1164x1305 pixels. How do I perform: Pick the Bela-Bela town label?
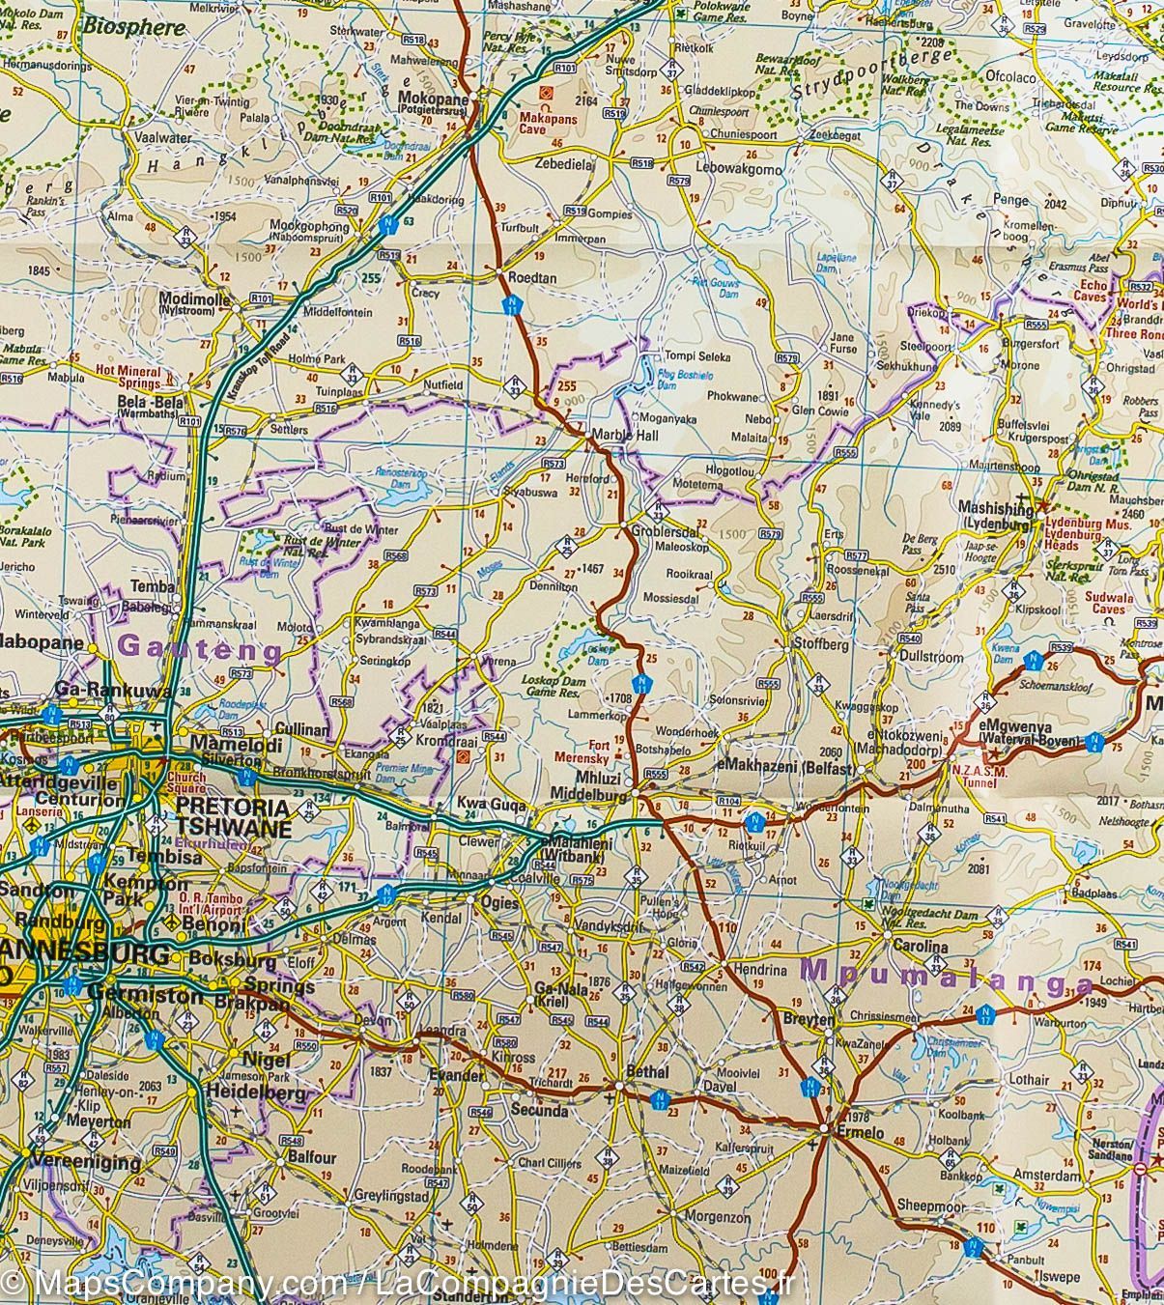click(146, 400)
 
